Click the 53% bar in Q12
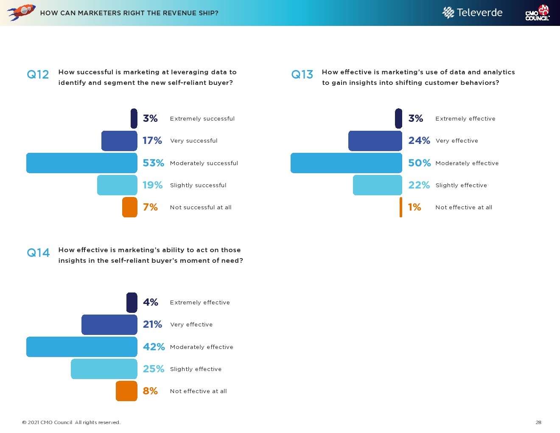point(82,163)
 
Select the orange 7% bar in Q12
point(130,207)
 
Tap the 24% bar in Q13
point(375,141)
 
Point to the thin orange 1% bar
point(401,207)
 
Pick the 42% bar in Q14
point(82,347)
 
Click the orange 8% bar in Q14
point(126,391)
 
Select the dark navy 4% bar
point(132,303)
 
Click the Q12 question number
point(38,75)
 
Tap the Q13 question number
point(302,75)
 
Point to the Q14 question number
point(38,253)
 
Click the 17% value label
point(152,141)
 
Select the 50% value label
point(419,163)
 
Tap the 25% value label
point(153,369)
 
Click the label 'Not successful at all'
point(201,208)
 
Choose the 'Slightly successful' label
point(198,186)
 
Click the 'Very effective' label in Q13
point(456,141)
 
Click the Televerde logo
point(472,13)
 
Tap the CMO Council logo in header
point(538,13)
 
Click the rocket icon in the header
point(21,12)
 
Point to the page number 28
point(538,422)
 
